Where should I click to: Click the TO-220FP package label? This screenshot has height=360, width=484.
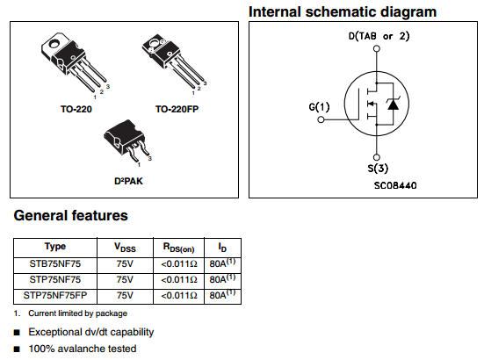click(177, 109)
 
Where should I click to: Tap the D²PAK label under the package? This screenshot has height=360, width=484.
click(128, 181)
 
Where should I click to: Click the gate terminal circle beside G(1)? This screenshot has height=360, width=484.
click(321, 119)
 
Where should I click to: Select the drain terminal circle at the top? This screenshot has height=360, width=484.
click(377, 48)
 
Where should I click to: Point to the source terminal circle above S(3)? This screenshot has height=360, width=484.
click(377, 157)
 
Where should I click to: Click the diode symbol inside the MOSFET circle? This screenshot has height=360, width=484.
click(393, 104)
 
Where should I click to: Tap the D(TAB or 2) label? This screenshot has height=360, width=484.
click(379, 36)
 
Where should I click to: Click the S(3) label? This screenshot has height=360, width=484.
click(378, 169)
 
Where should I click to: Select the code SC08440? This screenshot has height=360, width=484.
click(395, 185)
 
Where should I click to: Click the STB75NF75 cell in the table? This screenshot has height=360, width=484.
click(55, 264)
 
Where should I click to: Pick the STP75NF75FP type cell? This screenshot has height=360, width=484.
click(55, 296)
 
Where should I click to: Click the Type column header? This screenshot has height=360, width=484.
click(55, 247)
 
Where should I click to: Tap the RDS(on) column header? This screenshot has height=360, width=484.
click(178, 248)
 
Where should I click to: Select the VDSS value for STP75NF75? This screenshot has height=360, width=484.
click(125, 280)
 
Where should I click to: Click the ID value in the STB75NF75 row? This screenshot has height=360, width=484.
click(222, 263)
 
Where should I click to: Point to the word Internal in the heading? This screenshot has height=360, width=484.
click(274, 12)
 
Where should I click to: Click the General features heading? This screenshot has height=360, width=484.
click(70, 216)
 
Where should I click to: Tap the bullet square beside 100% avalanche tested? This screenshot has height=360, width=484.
click(17, 349)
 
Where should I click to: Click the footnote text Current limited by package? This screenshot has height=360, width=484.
click(78, 313)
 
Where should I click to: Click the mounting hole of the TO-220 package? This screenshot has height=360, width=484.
click(54, 43)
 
